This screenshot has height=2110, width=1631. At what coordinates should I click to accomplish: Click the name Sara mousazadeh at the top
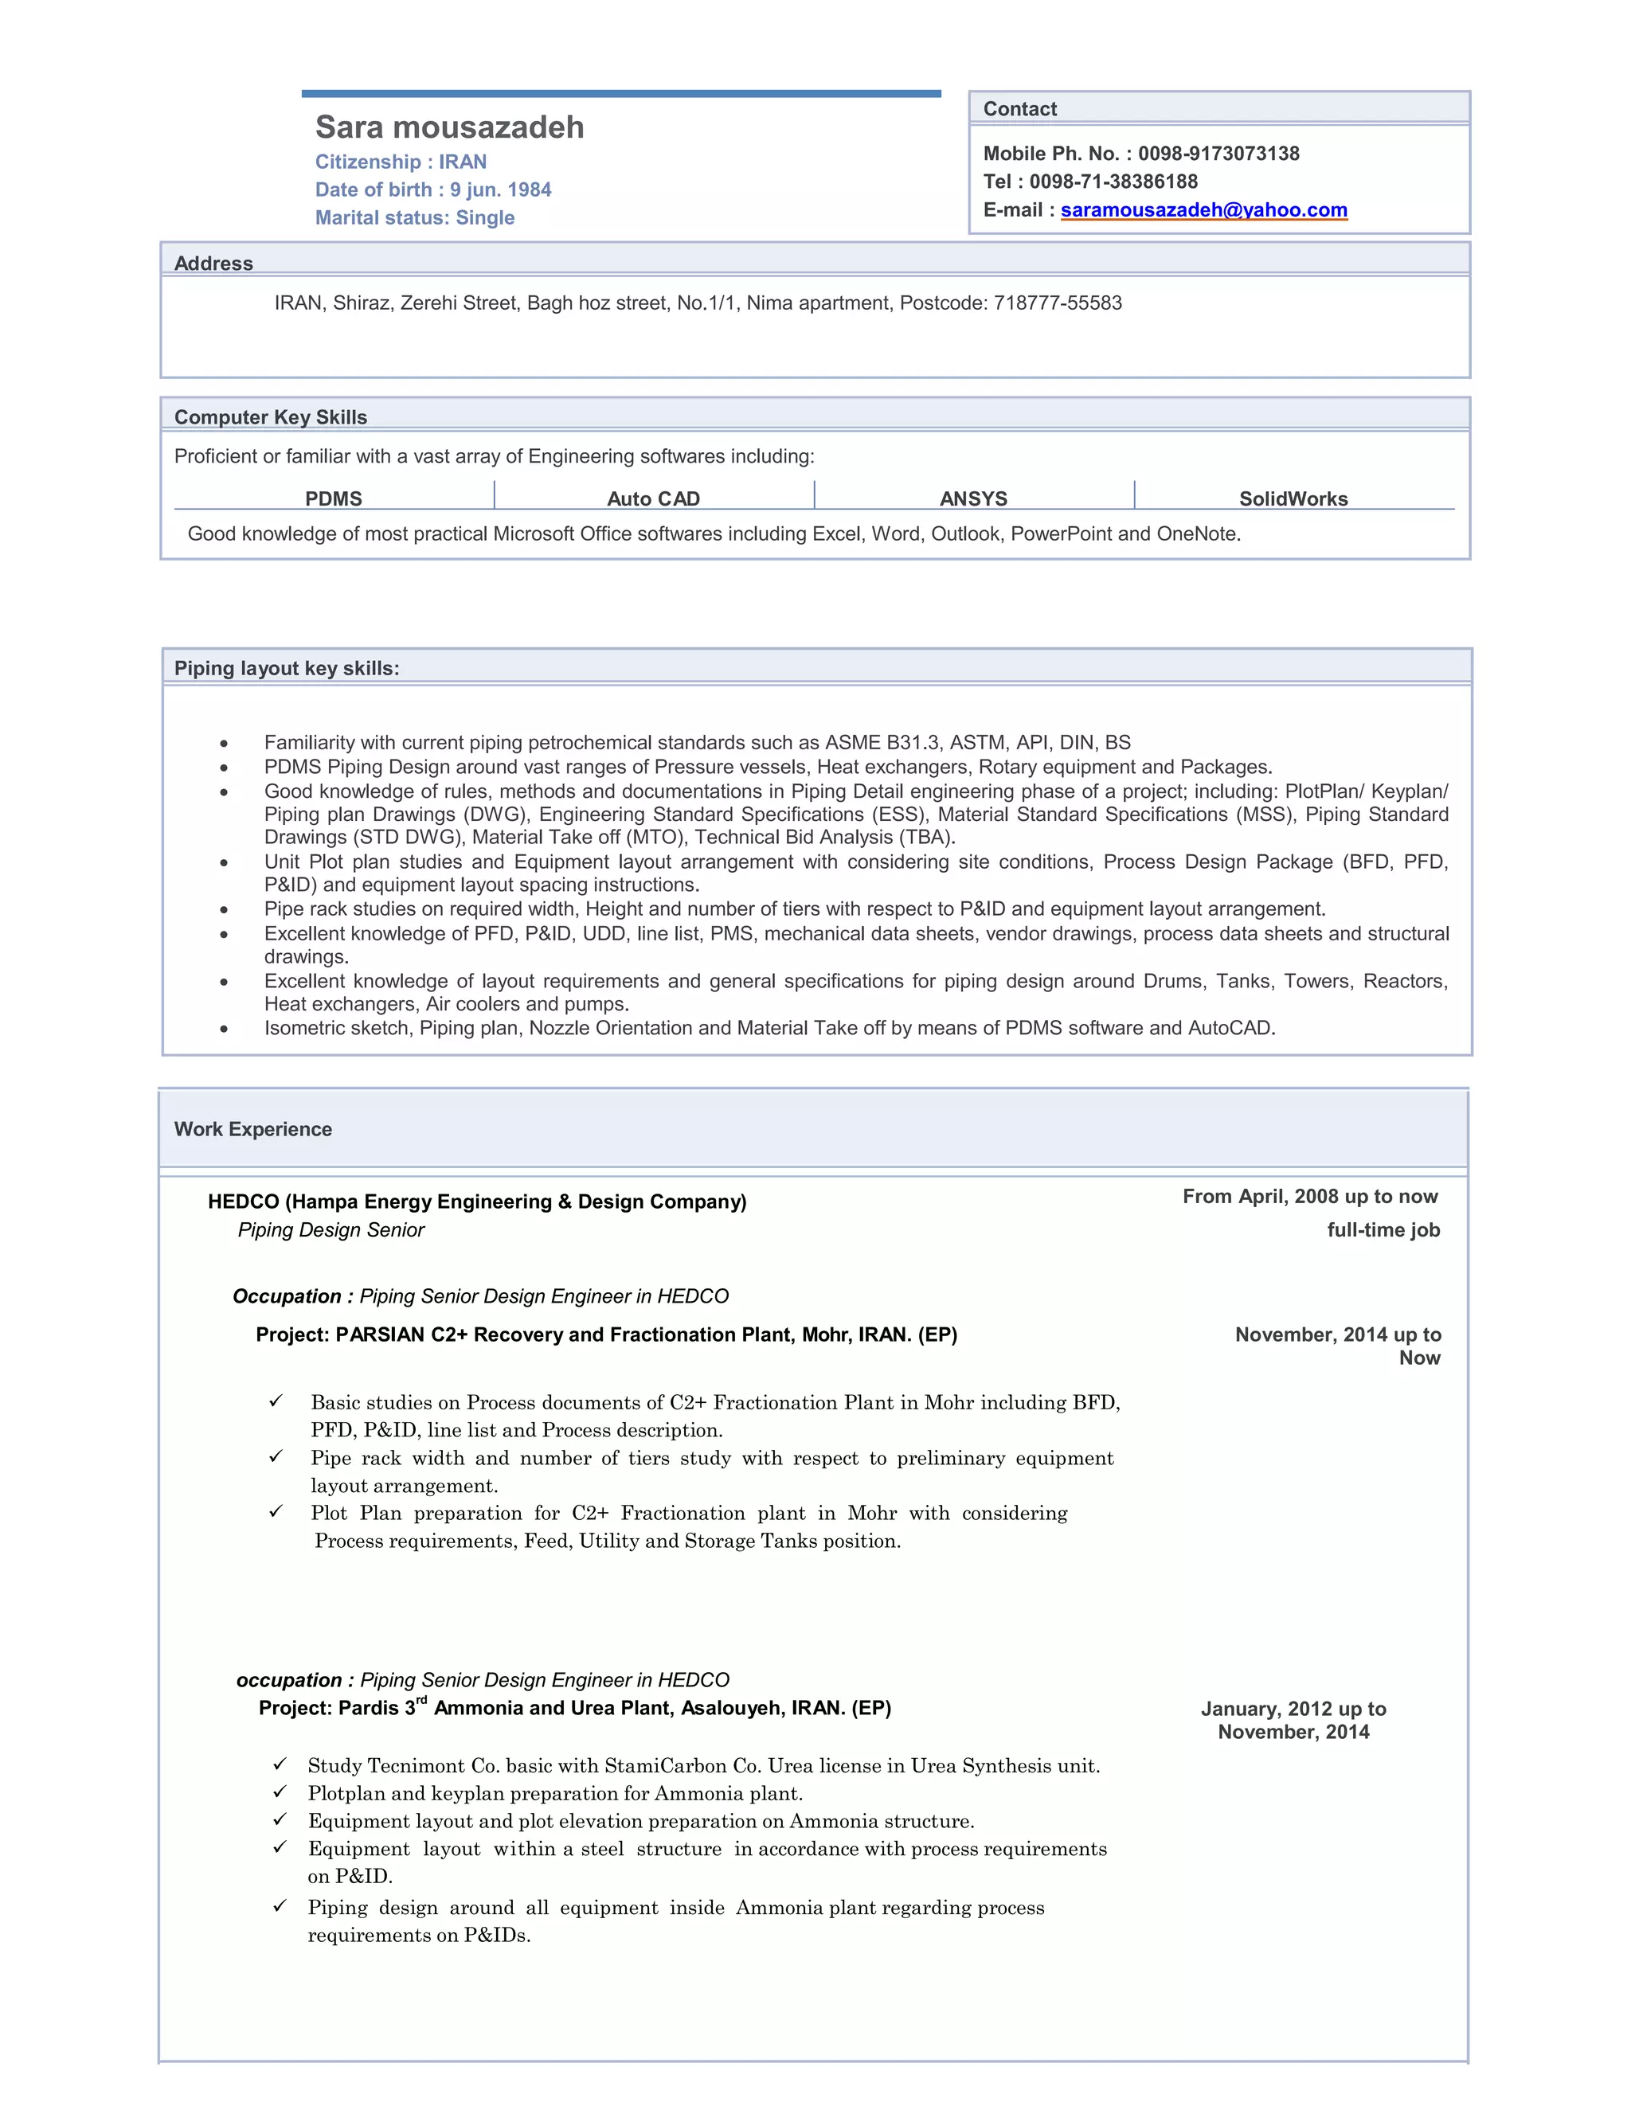449,127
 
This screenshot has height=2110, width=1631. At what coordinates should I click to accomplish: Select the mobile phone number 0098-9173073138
1218,154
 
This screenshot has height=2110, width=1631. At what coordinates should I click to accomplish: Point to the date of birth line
433,190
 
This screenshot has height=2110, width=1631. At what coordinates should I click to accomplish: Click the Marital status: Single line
414,217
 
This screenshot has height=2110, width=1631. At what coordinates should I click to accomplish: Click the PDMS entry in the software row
334,498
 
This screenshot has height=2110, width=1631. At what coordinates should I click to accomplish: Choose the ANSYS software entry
973,498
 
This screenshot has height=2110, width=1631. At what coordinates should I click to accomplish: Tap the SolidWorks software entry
1293,498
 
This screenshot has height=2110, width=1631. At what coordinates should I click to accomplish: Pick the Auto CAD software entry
653,498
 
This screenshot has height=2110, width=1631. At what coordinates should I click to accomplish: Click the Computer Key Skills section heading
271,417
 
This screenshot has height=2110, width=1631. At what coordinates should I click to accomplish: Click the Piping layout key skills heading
286,669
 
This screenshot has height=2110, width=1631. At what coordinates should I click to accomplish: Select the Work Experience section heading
253,1129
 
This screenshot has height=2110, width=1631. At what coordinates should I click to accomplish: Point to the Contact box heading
1019,109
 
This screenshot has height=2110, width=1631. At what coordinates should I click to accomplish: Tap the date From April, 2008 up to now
1309,1197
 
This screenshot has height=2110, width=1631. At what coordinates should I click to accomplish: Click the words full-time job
1383,1230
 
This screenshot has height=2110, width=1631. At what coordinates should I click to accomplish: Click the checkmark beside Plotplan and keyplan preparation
280,1792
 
